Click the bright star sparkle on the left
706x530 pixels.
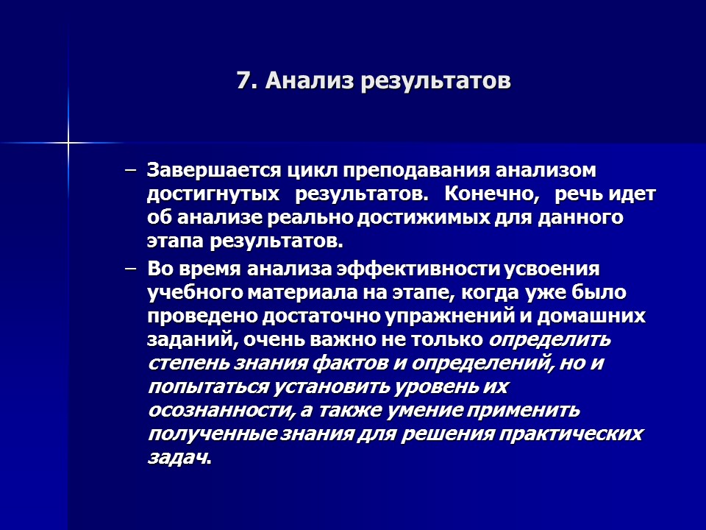tap(68, 142)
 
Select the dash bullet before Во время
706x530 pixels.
tap(131, 269)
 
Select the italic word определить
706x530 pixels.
tap(549, 341)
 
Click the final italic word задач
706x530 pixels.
tap(176, 458)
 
